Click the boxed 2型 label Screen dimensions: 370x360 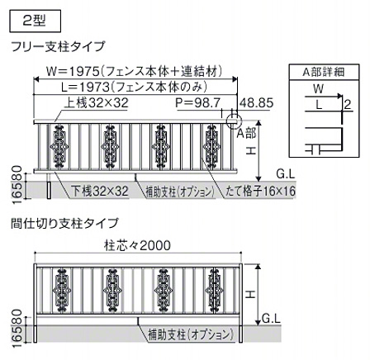tap(35, 21)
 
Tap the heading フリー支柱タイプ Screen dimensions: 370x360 tap(58, 46)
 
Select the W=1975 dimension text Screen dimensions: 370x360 tap(134, 72)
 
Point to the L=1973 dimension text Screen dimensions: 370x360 tap(134, 88)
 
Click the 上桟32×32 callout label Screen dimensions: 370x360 tap(97, 103)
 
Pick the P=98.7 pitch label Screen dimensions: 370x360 tap(198, 103)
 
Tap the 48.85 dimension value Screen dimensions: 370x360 tap(257, 103)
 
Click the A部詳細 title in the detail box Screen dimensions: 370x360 tap(324, 72)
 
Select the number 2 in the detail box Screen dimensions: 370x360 tap(348, 105)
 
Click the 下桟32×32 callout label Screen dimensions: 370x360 tap(100, 192)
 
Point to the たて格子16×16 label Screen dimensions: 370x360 tap(260, 192)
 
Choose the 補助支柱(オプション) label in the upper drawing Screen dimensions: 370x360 tap(180, 192)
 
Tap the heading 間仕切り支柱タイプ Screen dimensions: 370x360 tap(64, 223)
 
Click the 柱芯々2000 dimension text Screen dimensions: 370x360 tap(137, 245)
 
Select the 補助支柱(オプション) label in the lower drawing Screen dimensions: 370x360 tap(191, 335)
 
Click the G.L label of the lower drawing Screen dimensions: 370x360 tap(271, 319)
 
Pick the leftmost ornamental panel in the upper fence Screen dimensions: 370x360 tap(59, 146)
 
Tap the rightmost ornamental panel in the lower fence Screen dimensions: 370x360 tap(215, 291)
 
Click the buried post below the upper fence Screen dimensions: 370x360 tap(49, 190)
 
